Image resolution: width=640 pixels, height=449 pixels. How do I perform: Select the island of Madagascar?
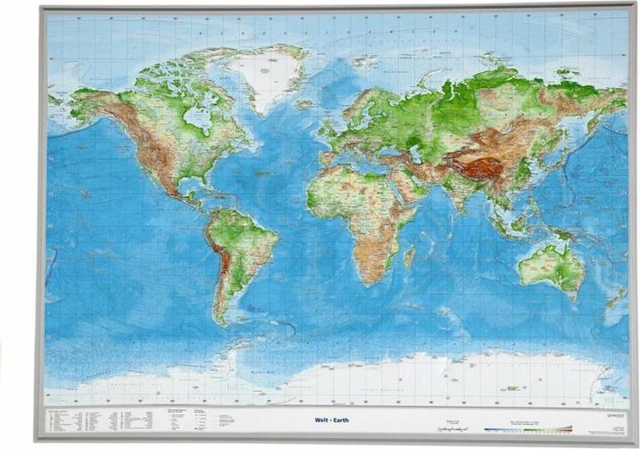click(x=410, y=257)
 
